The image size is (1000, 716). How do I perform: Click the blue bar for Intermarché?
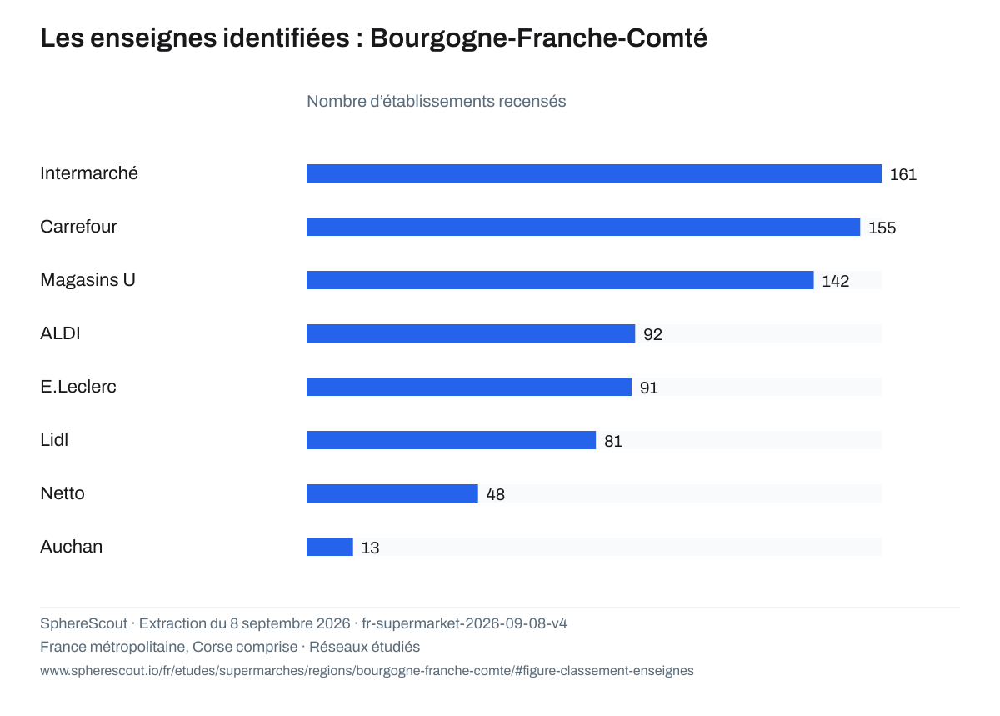point(593,173)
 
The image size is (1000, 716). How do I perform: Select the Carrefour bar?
point(583,227)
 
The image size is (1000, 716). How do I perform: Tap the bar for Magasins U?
point(560,280)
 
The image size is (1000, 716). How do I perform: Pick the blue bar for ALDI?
point(471,333)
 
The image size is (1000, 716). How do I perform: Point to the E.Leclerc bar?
point(468,387)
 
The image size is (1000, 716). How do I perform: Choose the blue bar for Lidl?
point(451,440)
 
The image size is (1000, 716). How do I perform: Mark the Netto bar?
point(392,493)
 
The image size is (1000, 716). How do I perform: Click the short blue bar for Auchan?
point(329,547)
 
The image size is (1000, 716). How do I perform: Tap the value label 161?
point(903,174)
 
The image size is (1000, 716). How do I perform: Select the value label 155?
point(882,228)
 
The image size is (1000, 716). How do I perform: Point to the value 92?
point(652,334)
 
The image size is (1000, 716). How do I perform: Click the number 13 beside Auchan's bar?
point(370,548)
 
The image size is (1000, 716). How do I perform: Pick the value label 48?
point(496,494)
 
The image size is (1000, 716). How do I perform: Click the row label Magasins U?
point(87,280)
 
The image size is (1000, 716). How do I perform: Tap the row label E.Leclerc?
point(78,387)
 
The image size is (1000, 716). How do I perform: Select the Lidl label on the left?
point(54,440)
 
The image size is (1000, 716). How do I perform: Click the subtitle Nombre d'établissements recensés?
point(436,102)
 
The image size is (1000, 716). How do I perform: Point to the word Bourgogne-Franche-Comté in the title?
point(539,38)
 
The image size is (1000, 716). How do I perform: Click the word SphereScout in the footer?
point(83,623)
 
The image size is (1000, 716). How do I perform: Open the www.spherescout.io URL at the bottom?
point(367,670)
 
